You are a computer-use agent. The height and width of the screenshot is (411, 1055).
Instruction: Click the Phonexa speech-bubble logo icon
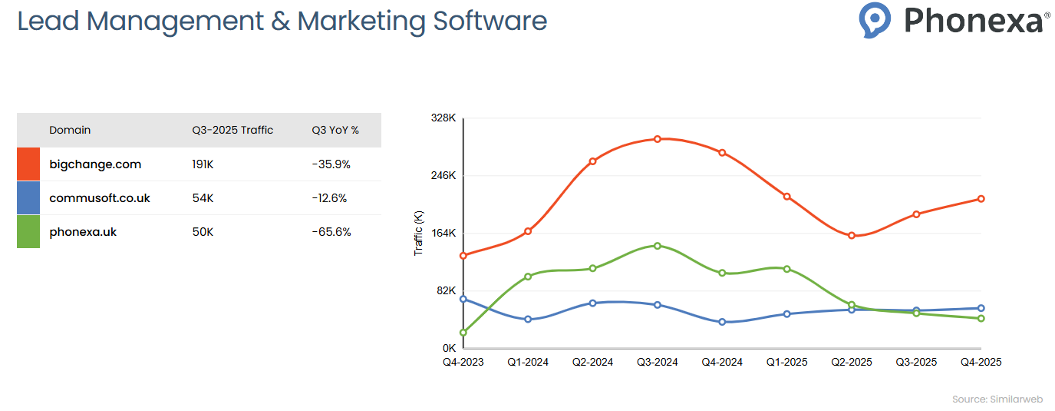(875, 19)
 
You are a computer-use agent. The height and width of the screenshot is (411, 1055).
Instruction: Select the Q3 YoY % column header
(335, 130)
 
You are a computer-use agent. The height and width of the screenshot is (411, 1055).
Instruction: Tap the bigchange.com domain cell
(95, 164)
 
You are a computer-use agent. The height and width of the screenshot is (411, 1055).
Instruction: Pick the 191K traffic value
(203, 164)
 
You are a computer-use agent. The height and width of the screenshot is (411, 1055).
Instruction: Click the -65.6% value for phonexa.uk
(331, 231)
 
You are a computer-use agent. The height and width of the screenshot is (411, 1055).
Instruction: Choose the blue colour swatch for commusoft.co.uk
(28, 198)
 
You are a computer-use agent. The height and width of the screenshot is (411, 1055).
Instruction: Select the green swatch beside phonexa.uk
(28, 231)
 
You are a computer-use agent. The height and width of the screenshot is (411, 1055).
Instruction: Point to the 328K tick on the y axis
(443, 118)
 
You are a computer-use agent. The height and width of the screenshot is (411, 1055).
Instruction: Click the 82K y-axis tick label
(446, 291)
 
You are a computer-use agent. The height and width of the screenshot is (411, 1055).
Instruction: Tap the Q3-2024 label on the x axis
(658, 362)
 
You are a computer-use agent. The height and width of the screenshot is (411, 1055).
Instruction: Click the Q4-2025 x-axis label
(981, 362)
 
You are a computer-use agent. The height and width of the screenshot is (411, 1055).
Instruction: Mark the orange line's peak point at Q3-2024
(658, 139)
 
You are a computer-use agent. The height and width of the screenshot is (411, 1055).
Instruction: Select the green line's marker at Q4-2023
(463, 333)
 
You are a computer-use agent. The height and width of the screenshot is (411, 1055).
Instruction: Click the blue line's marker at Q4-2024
(722, 322)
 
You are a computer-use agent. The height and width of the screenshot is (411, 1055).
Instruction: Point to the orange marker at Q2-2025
(852, 235)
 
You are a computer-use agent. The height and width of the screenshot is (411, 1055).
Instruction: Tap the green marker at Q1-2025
(787, 269)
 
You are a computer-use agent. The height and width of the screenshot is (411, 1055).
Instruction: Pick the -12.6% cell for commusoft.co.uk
(329, 198)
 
